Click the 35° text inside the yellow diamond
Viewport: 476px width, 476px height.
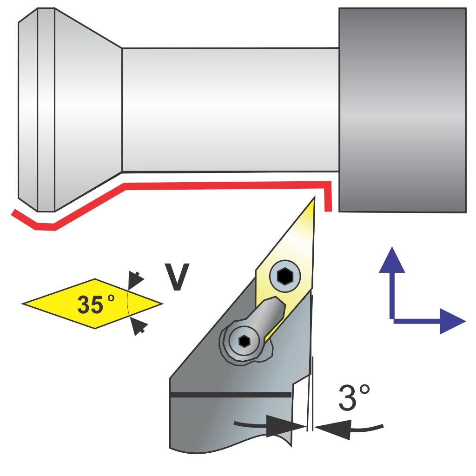96,304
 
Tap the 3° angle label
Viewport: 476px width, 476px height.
354,397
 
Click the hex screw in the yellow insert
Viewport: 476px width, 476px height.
284,277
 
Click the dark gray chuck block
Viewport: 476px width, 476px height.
403,110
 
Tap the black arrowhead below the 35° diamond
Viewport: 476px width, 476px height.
138,327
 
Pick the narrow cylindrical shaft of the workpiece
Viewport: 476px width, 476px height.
230,110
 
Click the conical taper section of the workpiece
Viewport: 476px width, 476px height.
88,110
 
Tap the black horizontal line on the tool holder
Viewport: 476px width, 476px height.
230,395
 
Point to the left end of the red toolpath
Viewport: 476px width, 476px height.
15,212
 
